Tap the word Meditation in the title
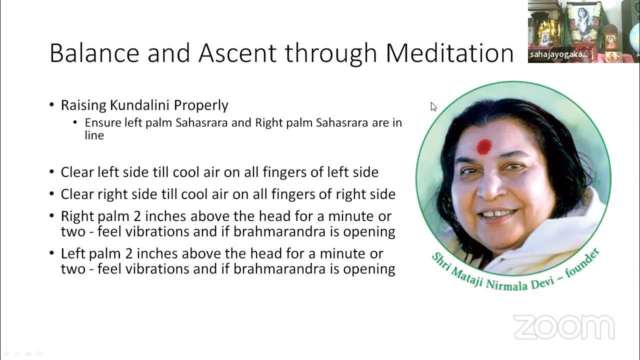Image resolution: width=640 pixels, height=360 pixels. (449, 52)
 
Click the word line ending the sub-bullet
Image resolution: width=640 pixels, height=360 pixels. (94, 135)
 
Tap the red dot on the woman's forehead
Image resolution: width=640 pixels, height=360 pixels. (484, 146)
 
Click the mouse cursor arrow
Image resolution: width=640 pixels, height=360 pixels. (433, 106)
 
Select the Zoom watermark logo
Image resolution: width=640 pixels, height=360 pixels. (563, 327)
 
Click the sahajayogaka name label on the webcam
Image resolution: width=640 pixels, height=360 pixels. (558, 54)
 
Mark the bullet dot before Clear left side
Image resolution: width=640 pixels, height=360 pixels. (52, 172)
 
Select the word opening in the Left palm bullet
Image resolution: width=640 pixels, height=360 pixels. (370, 269)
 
